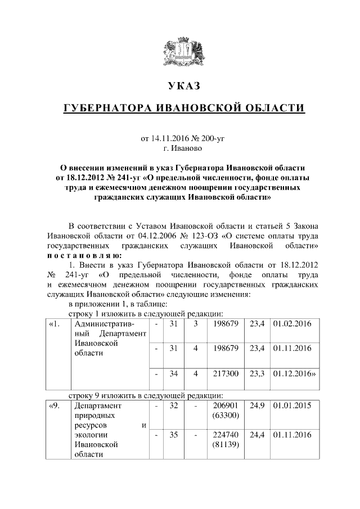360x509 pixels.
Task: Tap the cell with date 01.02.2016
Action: [292, 325]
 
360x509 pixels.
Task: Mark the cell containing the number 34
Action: [173, 373]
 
